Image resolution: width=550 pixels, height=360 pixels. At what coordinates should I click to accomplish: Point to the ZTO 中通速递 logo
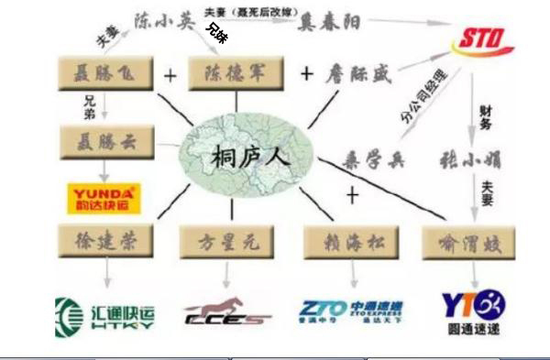coord(352,311)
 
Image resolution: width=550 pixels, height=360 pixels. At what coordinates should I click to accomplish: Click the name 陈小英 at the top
coord(165,20)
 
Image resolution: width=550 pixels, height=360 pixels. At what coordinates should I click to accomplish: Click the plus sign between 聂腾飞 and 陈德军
coord(170,74)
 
